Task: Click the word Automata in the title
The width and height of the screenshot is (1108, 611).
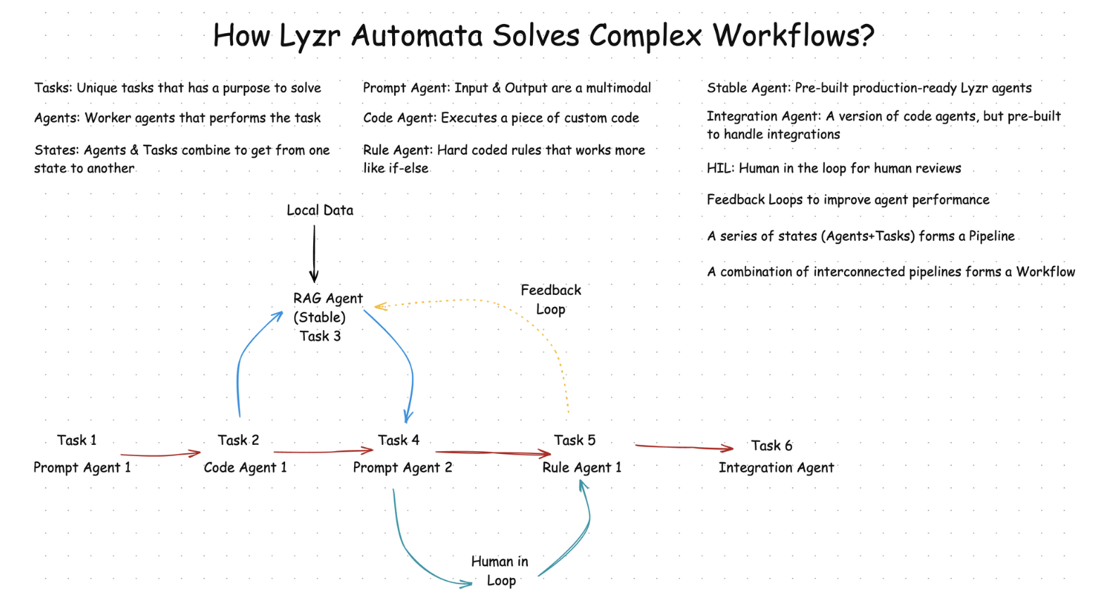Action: pos(417,35)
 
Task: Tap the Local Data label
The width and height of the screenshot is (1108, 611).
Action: pos(320,210)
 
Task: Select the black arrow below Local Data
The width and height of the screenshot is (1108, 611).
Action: pos(314,253)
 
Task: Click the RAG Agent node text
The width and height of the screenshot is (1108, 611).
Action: pos(327,298)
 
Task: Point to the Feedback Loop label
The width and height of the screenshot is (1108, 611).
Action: pos(550,299)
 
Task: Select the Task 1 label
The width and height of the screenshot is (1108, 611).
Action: pos(77,440)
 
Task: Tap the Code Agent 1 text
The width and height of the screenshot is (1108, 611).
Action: pos(245,467)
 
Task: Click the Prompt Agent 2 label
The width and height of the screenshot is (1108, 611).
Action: pos(403,467)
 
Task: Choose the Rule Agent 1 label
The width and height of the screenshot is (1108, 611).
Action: pos(581,467)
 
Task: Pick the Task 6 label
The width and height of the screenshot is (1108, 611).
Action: pos(771,446)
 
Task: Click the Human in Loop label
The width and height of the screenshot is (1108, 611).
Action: pos(500,570)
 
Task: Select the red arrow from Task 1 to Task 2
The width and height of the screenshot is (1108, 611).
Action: pos(160,455)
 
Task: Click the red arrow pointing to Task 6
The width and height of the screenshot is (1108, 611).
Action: pos(683,446)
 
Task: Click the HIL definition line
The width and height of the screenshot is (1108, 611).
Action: pos(833,168)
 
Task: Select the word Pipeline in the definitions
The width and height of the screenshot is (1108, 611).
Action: pos(991,236)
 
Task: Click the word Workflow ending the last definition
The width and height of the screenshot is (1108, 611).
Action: pos(1045,272)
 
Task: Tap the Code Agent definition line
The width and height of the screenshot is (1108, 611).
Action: pos(501,118)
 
